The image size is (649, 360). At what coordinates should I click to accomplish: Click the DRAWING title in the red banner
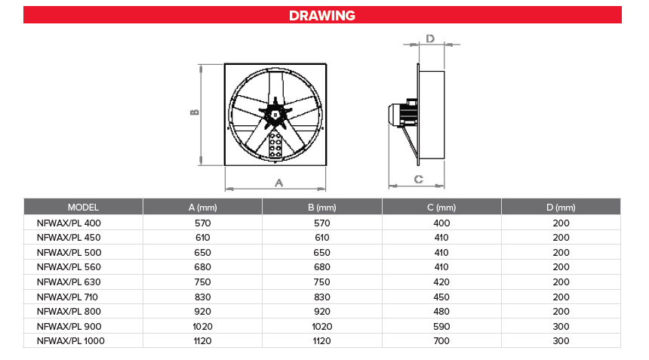tap(322, 15)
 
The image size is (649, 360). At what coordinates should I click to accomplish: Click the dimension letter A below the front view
tap(278, 183)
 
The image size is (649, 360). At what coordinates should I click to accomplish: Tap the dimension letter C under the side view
tap(418, 179)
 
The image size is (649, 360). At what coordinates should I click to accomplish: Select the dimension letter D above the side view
tap(430, 38)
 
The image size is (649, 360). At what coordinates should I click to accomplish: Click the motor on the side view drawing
tap(400, 113)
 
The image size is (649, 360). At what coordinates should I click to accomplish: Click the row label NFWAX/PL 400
tap(69, 223)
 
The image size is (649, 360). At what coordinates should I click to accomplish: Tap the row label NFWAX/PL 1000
tap(70, 341)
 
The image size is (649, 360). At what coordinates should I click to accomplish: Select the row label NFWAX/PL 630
tap(69, 282)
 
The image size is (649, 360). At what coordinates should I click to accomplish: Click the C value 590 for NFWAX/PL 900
tap(441, 327)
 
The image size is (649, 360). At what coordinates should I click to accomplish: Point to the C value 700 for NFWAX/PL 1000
tap(441, 341)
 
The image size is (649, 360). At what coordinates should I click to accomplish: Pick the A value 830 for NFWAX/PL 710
tap(202, 297)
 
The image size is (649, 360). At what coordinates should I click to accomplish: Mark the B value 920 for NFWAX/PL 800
tap(322, 312)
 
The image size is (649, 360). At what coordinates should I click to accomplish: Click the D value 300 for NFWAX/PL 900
tap(561, 327)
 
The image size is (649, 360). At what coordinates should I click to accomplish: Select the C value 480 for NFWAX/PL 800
tap(441, 312)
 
